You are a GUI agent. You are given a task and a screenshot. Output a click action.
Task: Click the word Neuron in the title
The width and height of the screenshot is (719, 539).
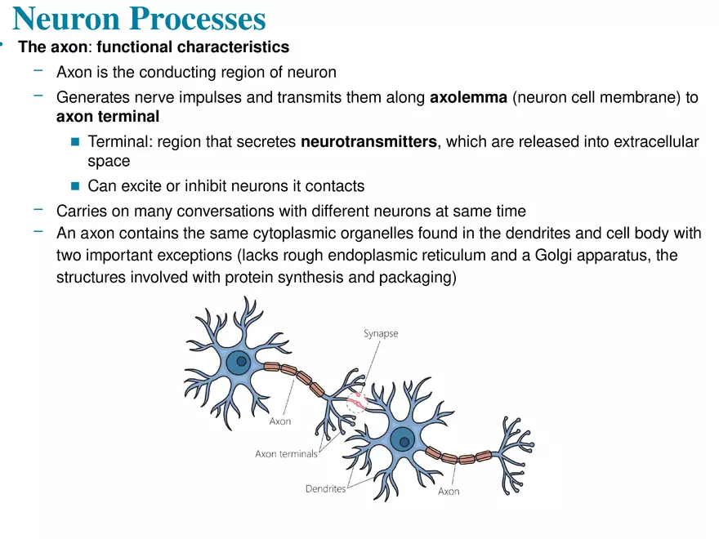pyautogui.click(x=65, y=19)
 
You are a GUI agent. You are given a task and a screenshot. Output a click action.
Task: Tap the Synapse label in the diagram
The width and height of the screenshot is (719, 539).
pyautogui.click(x=381, y=333)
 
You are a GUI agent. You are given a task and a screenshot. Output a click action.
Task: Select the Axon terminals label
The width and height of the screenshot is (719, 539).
pyautogui.click(x=286, y=454)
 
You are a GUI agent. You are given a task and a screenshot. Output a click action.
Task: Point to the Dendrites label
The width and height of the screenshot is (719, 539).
pyautogui.click(x=325, y=489)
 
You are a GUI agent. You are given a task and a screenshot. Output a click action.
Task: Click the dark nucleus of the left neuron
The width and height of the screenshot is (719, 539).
pyautogui.click(x=239, y=363)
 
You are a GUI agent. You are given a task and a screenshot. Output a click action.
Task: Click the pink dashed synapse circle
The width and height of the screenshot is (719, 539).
pyautogui.click(x=357, y=401)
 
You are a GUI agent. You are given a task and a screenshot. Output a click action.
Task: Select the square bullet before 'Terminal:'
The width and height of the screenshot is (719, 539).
pyautogui.click(x=75, y=143)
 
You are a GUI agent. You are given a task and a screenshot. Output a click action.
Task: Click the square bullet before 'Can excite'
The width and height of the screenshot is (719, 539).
pyautogui.click(x=75, y=186)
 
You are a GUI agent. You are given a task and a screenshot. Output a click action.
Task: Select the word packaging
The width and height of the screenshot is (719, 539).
pyautogui.click(x=414, y=278)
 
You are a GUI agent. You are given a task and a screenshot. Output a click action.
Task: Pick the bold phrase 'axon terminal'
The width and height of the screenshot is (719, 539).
pyautogui.click(x=108, y=117)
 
